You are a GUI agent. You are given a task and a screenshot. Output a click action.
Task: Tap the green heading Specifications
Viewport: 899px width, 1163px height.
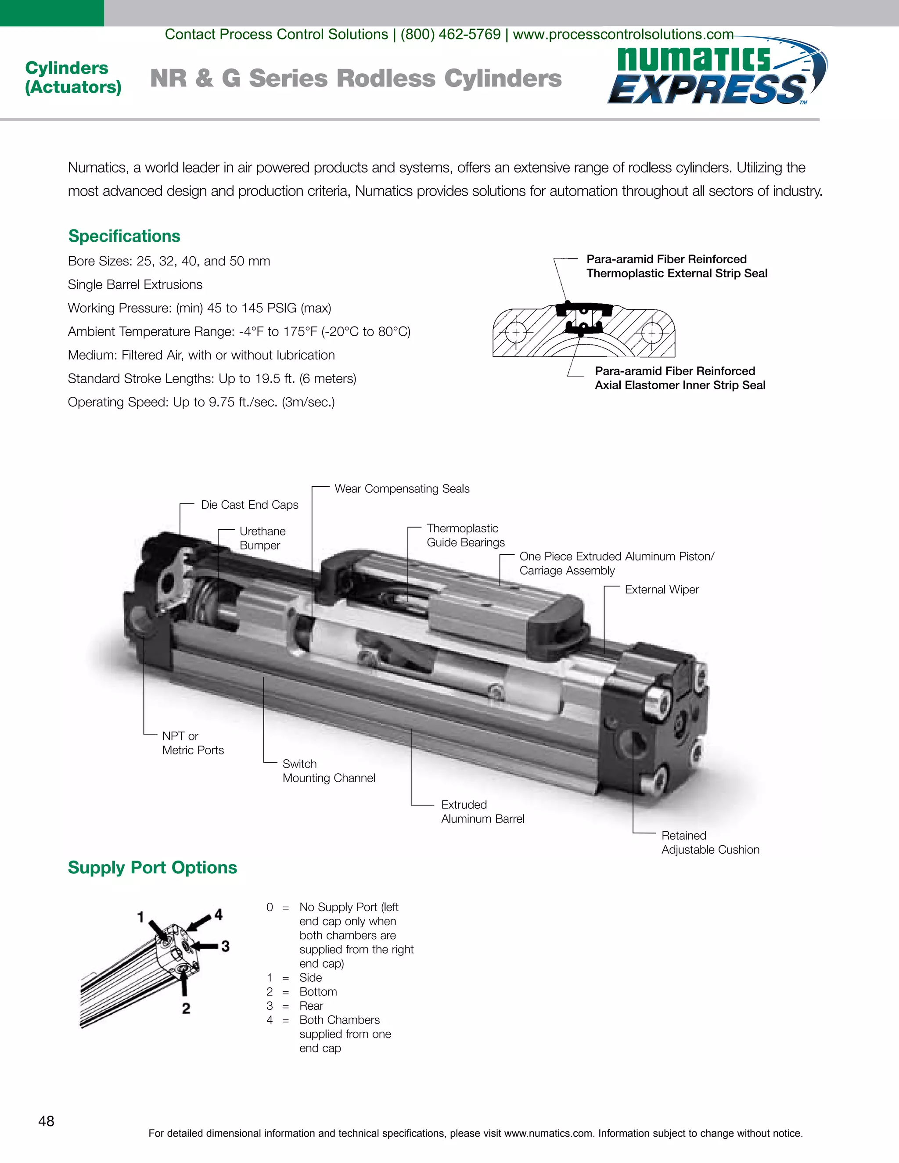pos(124,236)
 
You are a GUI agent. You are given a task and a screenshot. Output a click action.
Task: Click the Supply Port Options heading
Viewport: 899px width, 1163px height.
pos(152,868)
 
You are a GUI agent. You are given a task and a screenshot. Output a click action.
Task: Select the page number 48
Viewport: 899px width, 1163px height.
pos(47,1121)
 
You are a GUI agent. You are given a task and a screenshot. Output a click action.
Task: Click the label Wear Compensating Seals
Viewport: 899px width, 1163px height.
pos(402,489)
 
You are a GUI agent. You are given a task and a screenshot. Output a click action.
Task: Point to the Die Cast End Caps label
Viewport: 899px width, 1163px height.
pos(249,505)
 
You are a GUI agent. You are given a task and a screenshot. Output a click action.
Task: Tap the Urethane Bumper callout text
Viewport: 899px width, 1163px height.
pos(262,538)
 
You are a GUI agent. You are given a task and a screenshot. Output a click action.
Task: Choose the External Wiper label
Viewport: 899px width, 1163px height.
pos(662,589)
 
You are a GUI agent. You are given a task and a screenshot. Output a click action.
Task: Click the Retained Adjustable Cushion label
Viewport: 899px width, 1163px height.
pos(710,843)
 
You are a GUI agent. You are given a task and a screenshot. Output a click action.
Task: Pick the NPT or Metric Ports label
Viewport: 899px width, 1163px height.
pos(193,743)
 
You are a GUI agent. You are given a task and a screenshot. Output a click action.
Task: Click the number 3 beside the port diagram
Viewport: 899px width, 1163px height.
pos(225,946)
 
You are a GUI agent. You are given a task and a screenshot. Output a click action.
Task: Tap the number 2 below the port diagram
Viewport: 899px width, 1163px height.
pos(186,1008)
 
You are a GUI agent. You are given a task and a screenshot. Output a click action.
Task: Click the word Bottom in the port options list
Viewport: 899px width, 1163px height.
pos(318,991)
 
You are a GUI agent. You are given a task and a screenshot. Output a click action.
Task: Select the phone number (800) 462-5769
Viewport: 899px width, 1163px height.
pos(450,34)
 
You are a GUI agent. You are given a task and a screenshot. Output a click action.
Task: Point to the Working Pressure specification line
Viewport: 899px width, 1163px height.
pos(199,309)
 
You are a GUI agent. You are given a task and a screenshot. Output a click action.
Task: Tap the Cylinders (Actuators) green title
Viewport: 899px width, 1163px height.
pos(73,77)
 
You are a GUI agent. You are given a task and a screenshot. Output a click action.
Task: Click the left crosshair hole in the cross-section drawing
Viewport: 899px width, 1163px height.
pos(515,333)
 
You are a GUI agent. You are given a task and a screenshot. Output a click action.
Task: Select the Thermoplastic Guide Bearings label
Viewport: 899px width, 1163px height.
pos(465,535)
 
